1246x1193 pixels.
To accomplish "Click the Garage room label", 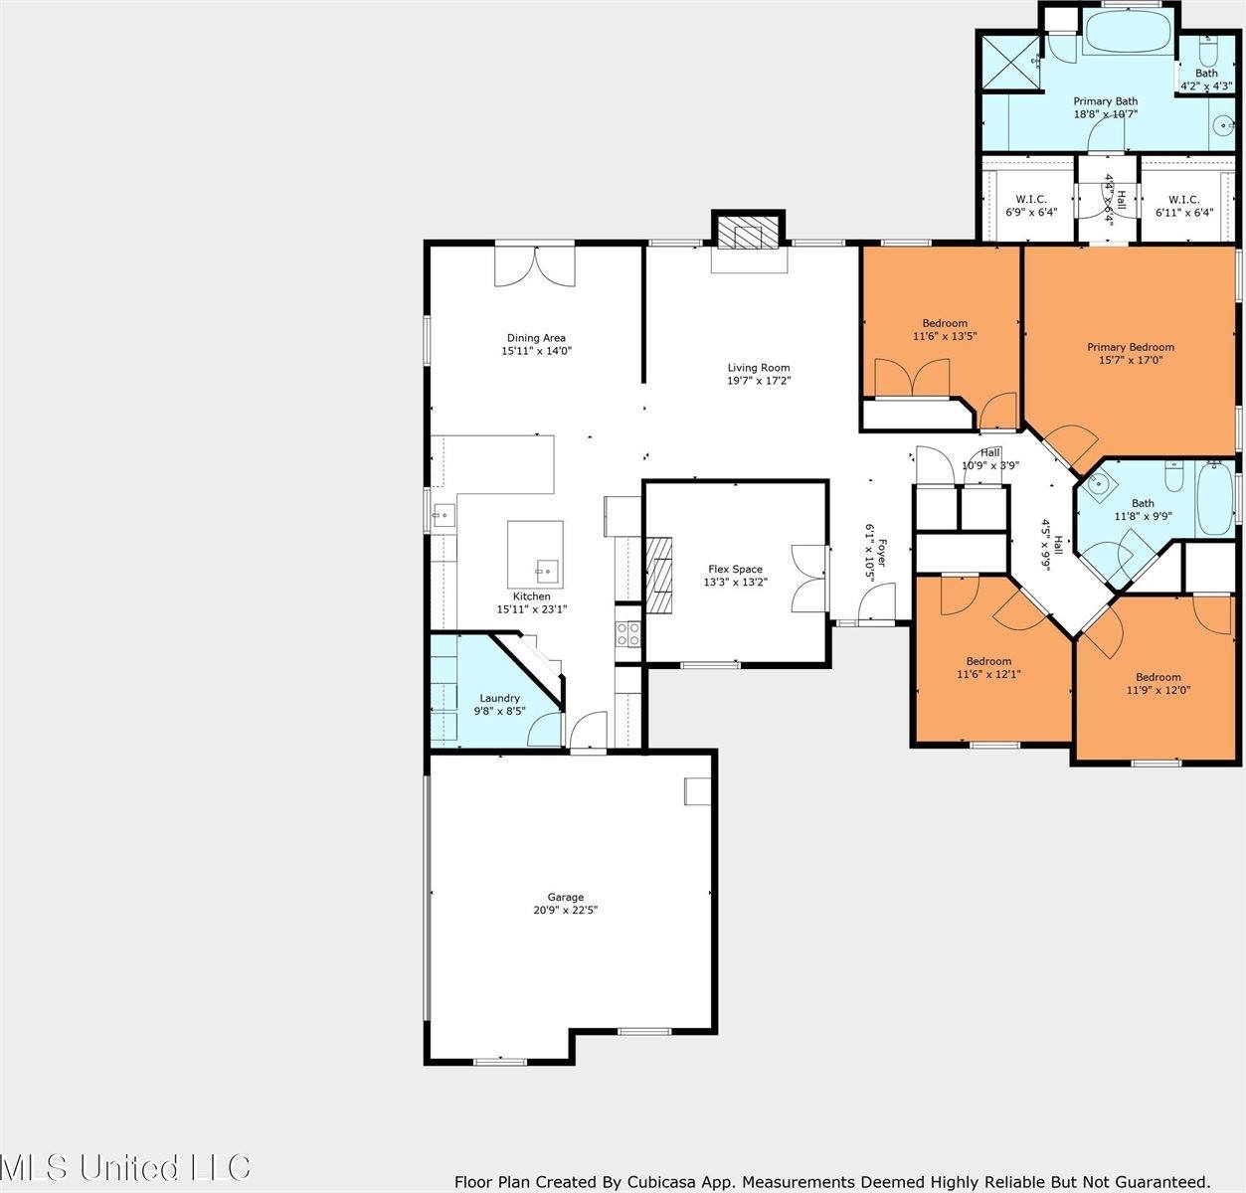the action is pyautogui.click(x=566, y=898).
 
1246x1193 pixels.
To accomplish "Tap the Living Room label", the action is pyautogui.click(x=759, y=368).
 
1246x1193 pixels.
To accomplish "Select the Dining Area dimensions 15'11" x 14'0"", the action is pyautogui.click(x=537, y=351).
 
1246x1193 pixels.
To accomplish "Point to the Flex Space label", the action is pyautogui.click(x=735, y=569).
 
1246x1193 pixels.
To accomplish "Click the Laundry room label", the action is pyautogui.click(x=499, y=698).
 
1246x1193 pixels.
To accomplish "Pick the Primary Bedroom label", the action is pyautogui.click(x=1131, y=347).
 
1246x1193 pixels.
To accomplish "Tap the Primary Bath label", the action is pyautogui.click(x=1106, y=101).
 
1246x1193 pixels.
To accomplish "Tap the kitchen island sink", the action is pyautogui.click(x=548, y=569).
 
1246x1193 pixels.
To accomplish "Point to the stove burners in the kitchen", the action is pyautogui.click(x=628, y=633).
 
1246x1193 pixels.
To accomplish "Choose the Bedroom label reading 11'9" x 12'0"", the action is pyautogui.click(x=1158, y=684).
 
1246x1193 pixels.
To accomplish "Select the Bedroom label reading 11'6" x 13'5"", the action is pyautogui.click(x=945, y=329).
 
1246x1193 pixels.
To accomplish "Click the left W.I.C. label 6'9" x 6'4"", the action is pyautogui.click(x=1031, y=206).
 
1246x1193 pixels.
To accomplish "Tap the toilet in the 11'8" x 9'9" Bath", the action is pyautogui.click(x=1173, y=477).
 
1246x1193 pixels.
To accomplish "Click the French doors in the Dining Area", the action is pyautogui.click(x=535, y=265).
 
